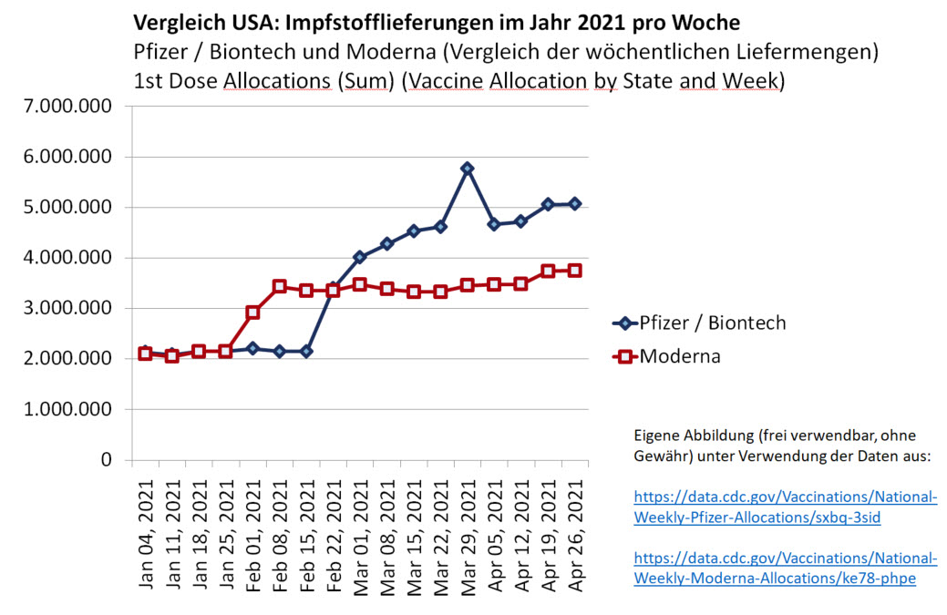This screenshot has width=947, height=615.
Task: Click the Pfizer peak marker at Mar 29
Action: (x=468, y=169)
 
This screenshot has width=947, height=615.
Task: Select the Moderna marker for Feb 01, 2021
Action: (x=252, y=313)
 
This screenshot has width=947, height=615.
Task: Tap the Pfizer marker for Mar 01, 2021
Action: (x=360, y=257)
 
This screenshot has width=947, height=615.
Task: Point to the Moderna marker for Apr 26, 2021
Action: (x=575, y=271)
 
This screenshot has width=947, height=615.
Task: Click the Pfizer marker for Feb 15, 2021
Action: (x=306, y=351)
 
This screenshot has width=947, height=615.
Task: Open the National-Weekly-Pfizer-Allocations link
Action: (x=785, y=507)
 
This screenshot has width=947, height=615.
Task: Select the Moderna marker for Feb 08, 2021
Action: (x=280, y=286)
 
